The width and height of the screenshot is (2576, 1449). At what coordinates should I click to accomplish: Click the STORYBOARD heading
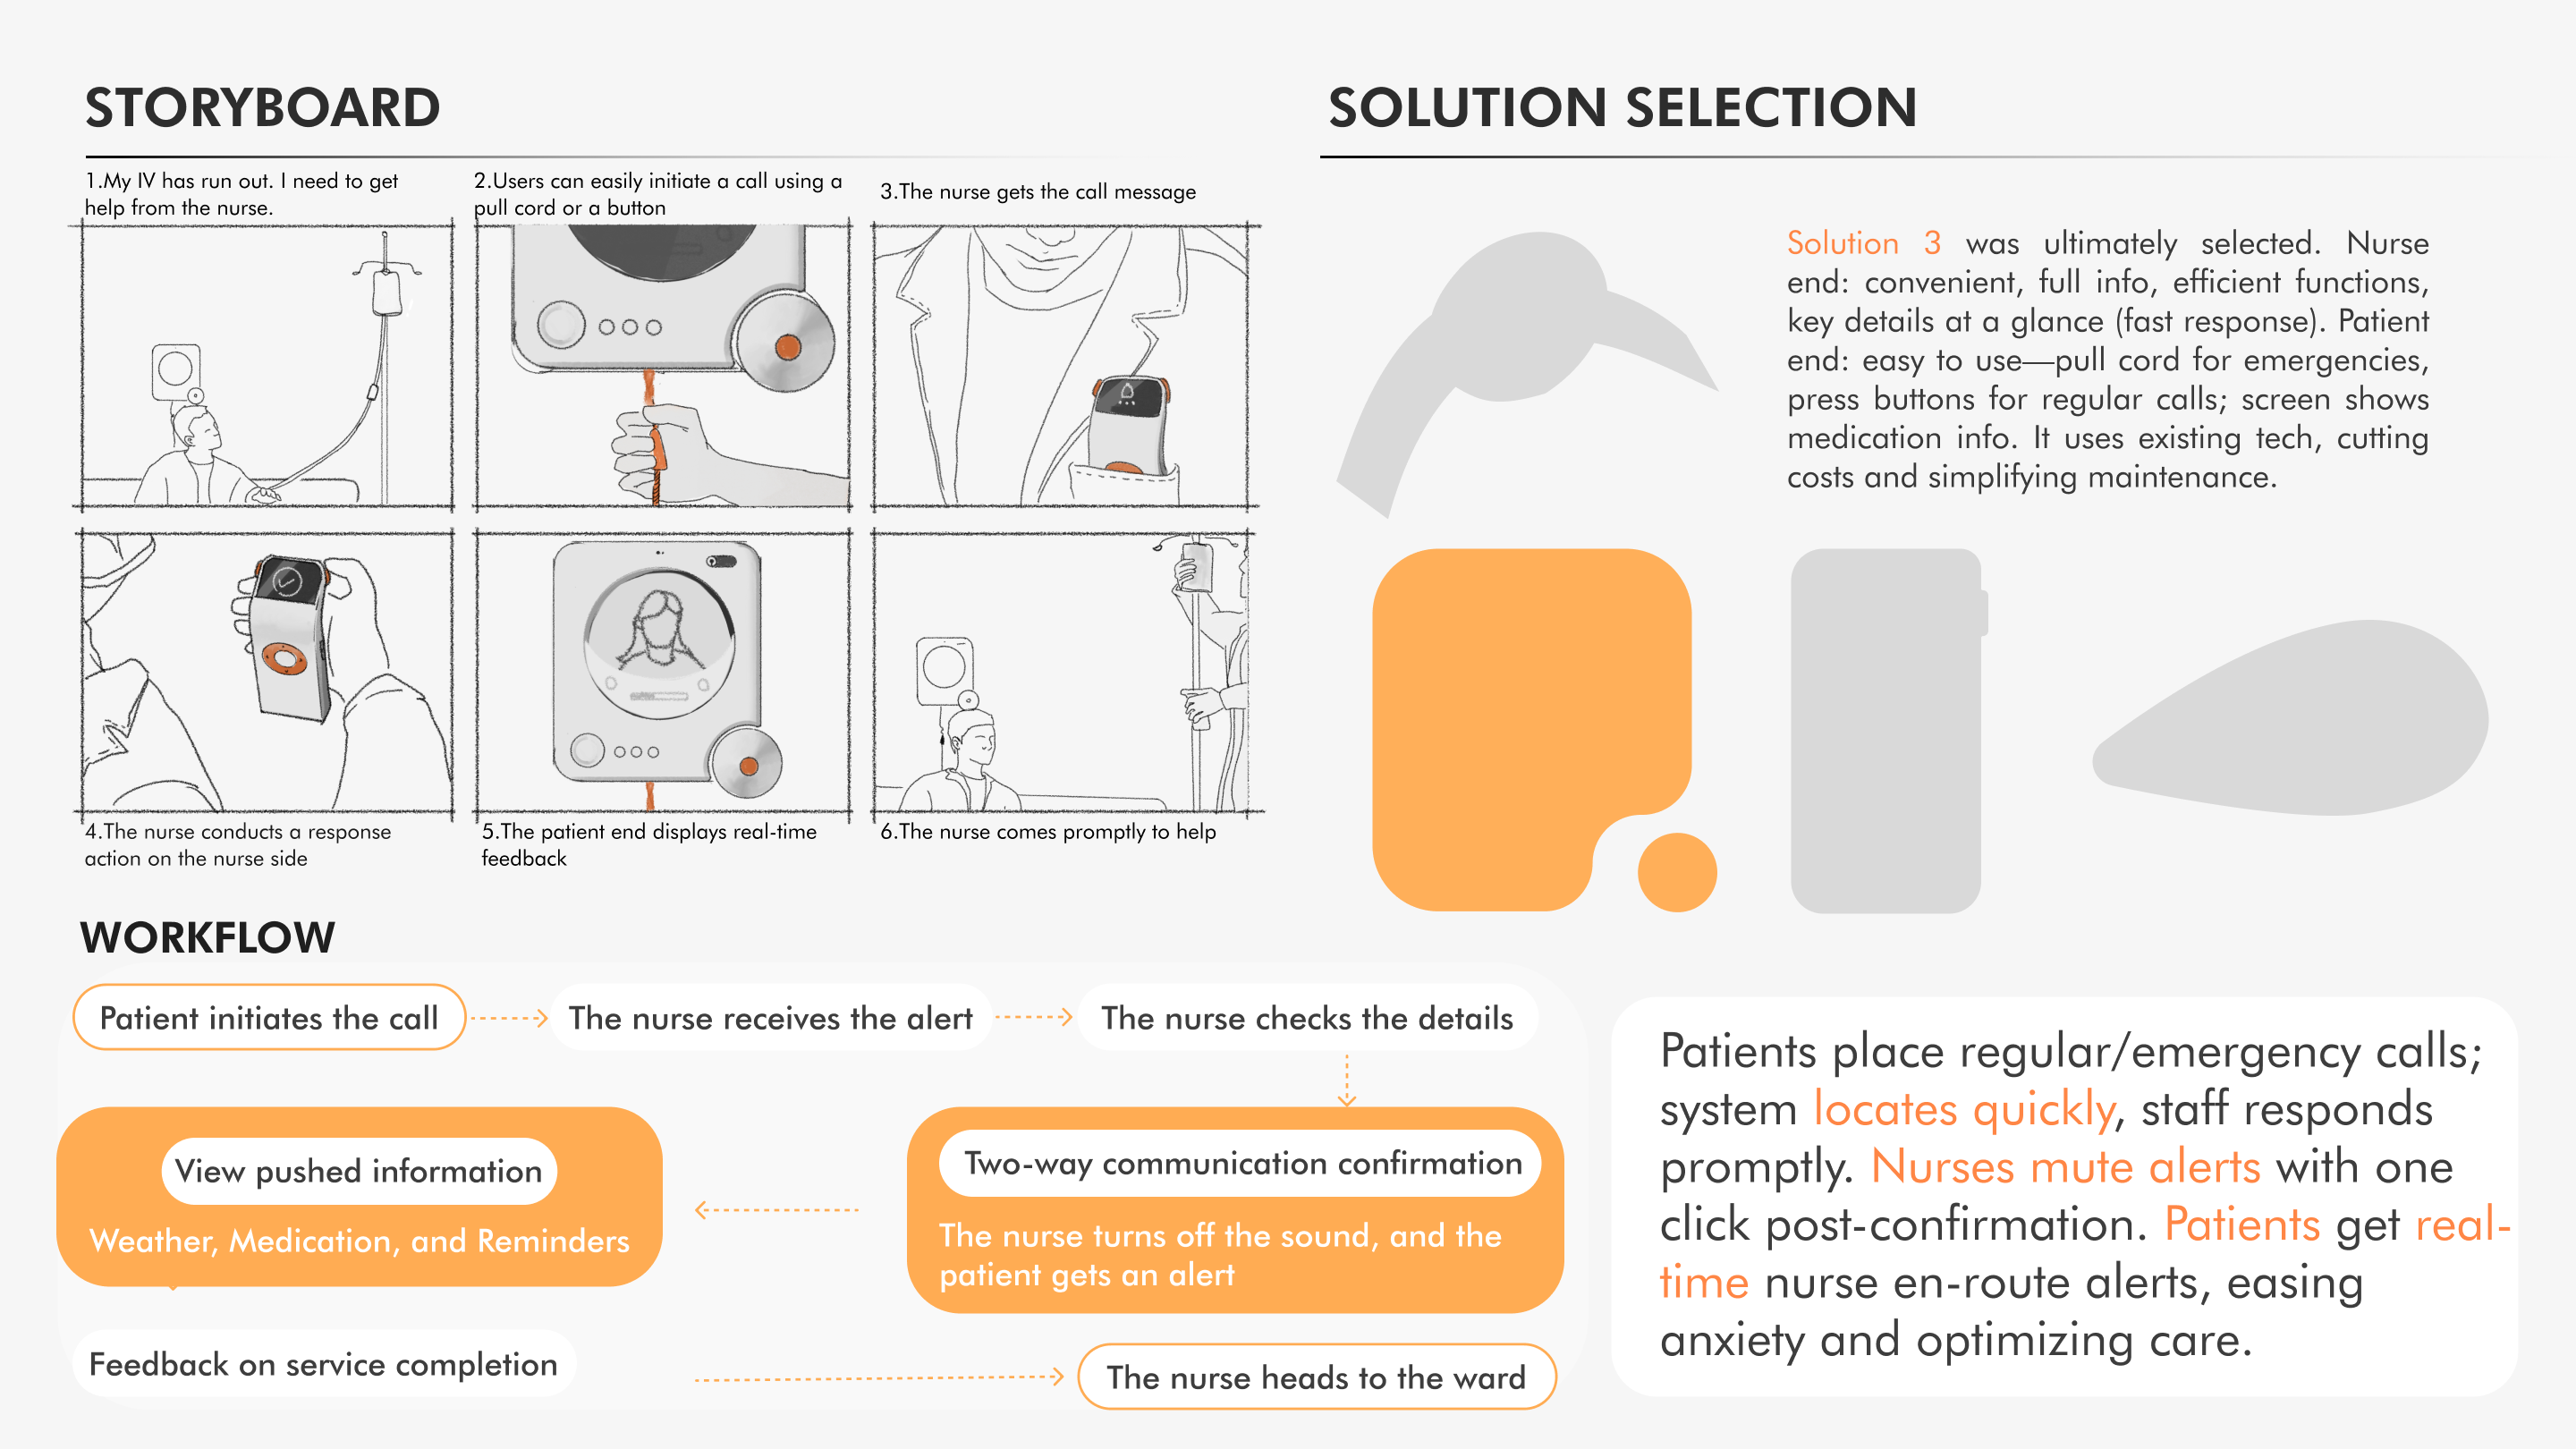[x=262, y=108]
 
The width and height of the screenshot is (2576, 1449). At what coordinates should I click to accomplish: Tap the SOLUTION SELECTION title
[x=1621, y=108]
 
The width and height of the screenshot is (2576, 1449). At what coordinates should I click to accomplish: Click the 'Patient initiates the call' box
[x=268, y=1018]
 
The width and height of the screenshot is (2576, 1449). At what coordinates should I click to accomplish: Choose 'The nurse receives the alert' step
[x=770, y=1018]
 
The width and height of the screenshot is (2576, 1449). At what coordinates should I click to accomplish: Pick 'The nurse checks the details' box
[x=1306, y=1018]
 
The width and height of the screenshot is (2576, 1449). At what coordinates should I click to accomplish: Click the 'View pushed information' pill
[x=358, y=1171]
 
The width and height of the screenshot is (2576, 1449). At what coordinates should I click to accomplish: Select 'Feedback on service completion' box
[x=323, y=1364]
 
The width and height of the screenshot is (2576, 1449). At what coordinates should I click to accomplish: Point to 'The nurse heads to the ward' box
[x=1315, y=1377]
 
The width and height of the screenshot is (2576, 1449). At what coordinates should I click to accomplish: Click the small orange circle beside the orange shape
[x=1676, y=872]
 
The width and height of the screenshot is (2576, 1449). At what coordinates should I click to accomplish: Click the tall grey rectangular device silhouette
[x=1885, y=730]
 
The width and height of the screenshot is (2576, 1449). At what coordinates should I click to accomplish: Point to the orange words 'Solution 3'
[x=1863, y=243]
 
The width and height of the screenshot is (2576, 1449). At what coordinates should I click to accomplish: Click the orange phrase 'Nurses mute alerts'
[x=2064, y=1167]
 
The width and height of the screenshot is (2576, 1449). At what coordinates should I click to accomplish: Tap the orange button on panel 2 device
[x=788, y=347]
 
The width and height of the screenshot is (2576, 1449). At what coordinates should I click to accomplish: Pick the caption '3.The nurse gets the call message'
[x=1037, y=192]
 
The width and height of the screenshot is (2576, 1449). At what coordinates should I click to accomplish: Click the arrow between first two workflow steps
[x=508, y=1018]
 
